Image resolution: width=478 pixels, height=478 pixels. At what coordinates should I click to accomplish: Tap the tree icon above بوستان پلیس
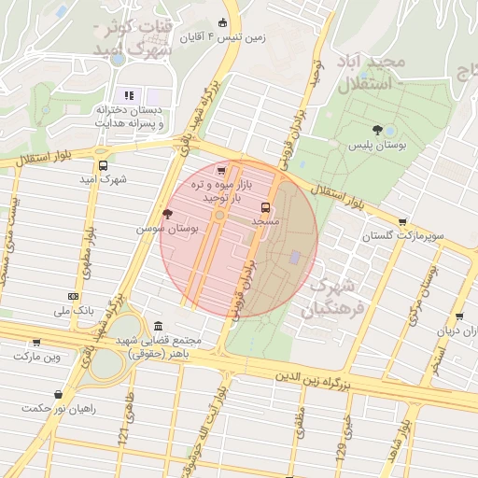pyautogui.click(x=377, y=130)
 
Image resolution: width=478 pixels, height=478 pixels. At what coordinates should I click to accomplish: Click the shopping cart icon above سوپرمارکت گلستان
pyautogui.click(x=402, y=222)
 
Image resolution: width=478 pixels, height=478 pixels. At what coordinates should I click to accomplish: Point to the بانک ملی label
pyautogui.click(x=75, y=310)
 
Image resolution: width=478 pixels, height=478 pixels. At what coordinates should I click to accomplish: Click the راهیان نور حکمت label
pyautogui.click(x=60, y=408)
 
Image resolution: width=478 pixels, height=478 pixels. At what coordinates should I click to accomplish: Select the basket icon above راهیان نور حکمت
pyautogui.click(x=60, y=394)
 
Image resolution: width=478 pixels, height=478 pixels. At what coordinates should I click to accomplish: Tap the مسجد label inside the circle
pyautogui.click(x=266, y=221)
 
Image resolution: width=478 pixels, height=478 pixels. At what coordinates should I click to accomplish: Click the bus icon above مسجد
pyautogui.click(x=266, y=207)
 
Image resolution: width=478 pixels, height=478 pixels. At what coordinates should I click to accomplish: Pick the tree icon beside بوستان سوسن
pyautogui.click(x=167, y=214)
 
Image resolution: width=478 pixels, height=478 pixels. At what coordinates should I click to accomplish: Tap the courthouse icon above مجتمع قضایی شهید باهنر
pyautogui.click(x=158, y=327)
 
